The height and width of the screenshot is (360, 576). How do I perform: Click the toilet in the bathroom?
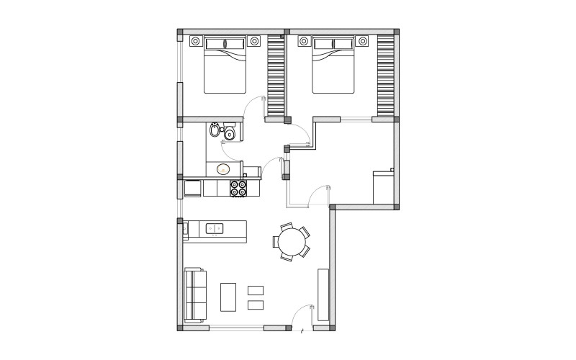tap(230, 133)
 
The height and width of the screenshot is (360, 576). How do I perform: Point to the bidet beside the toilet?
tap(215, 130)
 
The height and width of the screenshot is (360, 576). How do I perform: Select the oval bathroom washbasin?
tap(223, 170)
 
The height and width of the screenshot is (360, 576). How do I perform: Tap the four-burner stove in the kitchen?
tap(238, 188)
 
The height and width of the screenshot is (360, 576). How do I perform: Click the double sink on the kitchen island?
tap(215, 229)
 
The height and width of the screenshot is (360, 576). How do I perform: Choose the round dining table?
tap(292, 242)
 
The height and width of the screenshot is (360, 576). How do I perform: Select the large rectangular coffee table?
tap(228, 297)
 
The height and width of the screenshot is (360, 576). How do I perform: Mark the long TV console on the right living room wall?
tap(323, 294)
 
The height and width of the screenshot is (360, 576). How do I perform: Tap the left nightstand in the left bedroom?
tap(194, 41)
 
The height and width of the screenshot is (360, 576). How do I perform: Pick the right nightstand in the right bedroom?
tap(363, 41)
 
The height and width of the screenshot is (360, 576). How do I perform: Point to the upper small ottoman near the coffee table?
tap(256, 290)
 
